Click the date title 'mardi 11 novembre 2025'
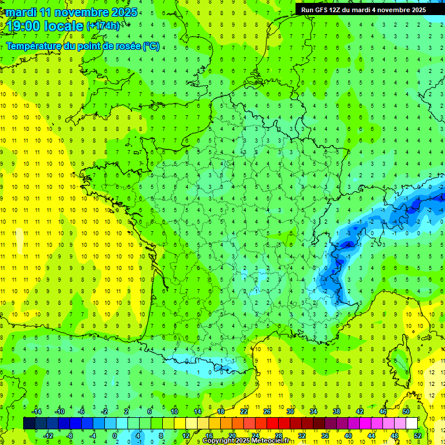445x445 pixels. pyautogui.click(x=70, y=12)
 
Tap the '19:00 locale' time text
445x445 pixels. pyautogui.click(x=44, y=25)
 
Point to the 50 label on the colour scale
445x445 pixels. pyautogui.click(x=406, y=411)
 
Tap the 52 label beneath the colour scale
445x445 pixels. pyautogui.click(x=418, y=435)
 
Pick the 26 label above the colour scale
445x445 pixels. pyautogui.click(x=267, y=411)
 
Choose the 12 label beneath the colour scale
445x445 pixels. pyautogui.click(x=186, y=435)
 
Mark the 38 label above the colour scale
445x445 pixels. pyautogui.click(x=336, y=411)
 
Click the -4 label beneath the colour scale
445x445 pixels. pyautogui.click(x=93, y=435)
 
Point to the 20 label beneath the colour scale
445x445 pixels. pyautogui.click(x=232, y=435)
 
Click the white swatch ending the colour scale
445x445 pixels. pyautogui.click(x=411, y=423)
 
